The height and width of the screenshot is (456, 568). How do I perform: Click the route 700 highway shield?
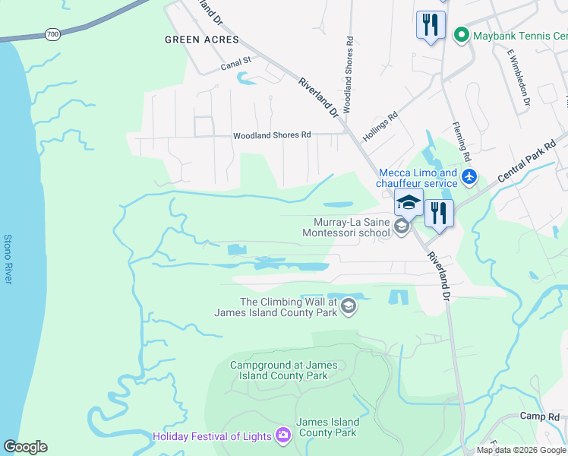point(52,34)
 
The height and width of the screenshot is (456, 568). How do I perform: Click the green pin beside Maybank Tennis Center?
point(460,35)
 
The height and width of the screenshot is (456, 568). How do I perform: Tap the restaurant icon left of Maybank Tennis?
point(431,24)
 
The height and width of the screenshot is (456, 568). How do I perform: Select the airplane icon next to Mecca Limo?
point(469,177)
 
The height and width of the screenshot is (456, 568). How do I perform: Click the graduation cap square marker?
point(408,203)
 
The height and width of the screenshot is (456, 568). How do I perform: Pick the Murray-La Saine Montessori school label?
point(351,227)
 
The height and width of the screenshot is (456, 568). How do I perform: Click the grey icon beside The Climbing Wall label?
point(349,306)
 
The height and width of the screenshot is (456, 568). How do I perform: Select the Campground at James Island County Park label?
point(279,370)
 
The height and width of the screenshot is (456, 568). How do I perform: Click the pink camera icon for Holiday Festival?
point(283,435)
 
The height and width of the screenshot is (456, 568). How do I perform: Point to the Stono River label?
point(8,259)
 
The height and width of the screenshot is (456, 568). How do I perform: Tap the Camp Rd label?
point(540,416)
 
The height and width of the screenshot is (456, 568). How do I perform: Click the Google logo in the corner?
point(25,447)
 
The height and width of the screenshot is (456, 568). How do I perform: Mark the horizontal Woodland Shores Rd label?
point(272,135)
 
